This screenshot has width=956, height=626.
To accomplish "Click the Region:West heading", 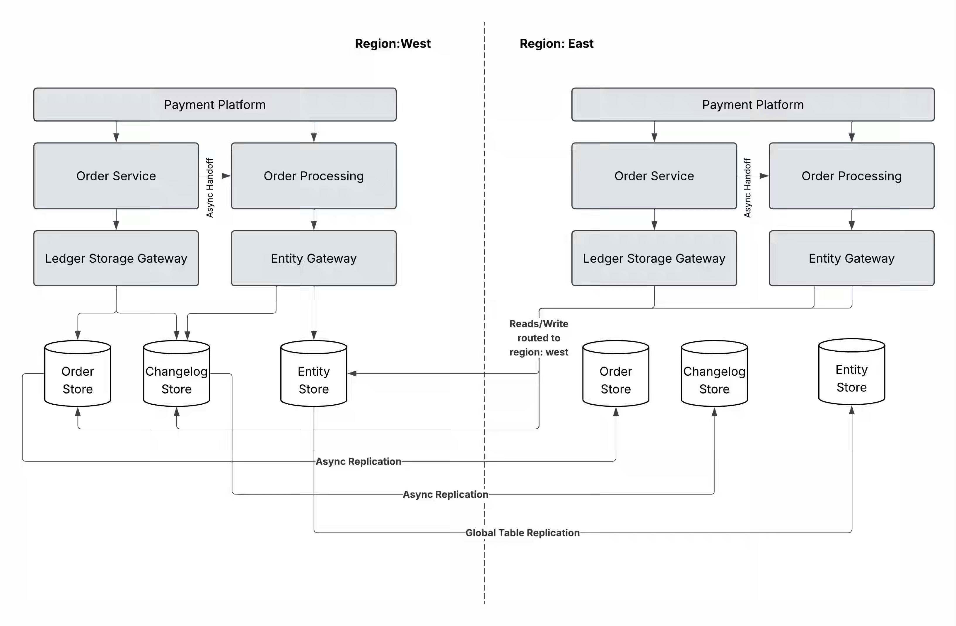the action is click(392, 43).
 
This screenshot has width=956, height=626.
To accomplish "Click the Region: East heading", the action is click(556, 43).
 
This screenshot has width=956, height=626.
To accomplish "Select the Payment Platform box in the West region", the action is click(215, 105).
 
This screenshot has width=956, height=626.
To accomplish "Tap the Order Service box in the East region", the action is click(654, 176).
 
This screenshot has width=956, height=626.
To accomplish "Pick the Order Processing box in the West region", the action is click(314, 176).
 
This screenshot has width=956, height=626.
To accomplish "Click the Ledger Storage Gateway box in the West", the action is click(116, 258).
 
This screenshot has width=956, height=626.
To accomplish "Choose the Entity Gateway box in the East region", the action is click(851, 258).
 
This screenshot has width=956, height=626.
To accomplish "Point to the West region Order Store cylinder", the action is click(78, 373).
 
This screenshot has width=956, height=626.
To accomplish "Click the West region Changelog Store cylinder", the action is click(176, 373).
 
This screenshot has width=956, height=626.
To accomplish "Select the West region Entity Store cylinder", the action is click(314, 373).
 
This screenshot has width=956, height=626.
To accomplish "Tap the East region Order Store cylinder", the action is click(616, 373).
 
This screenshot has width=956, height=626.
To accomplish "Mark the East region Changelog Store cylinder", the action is click(714, 373).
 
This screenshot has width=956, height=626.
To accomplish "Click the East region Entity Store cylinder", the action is click(851, 372).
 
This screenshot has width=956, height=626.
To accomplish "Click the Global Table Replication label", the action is click(523, 533).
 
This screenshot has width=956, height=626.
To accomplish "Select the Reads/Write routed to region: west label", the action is click(539, 338).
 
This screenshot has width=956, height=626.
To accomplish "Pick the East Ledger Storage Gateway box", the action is click(654, 258).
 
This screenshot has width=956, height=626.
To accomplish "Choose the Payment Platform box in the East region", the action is click(753, 105).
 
